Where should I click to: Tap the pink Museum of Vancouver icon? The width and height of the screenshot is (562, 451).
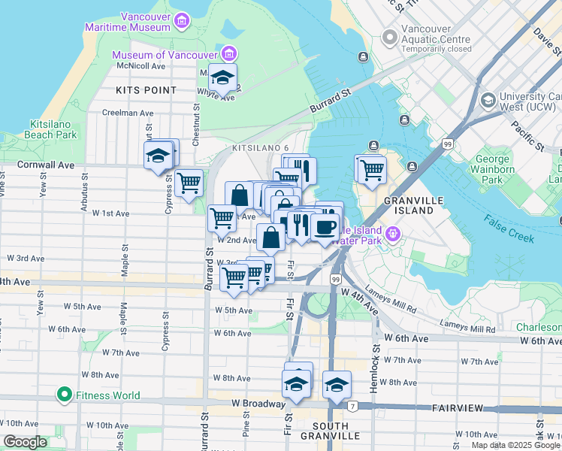point(230,53)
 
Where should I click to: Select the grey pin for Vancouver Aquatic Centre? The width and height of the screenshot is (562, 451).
point(389,36)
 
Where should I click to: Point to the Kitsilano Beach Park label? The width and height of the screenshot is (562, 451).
point(53,129)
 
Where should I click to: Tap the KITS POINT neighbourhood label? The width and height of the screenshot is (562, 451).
point(146,90)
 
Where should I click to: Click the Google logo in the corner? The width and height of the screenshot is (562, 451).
point(26,443)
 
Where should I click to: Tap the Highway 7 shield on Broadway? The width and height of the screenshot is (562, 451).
point(352,406)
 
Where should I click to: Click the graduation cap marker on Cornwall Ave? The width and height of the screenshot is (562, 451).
point(158,156)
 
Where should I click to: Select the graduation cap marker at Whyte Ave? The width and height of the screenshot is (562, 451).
point(222,77)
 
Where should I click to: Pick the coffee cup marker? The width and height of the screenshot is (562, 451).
point(325,227)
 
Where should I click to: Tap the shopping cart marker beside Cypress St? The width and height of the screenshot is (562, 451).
point(189,182)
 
